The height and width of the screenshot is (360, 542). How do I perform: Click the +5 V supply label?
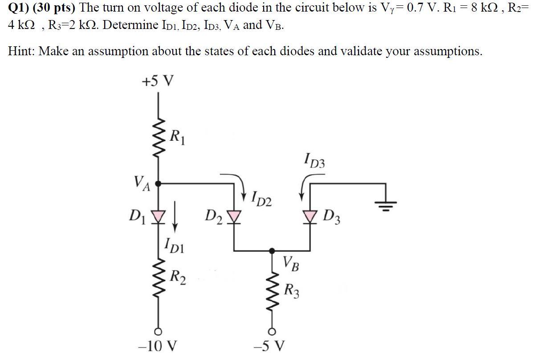(158, 82)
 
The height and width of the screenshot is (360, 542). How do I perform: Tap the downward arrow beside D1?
(175, 220)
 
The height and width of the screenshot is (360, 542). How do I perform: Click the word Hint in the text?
(20, 52)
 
